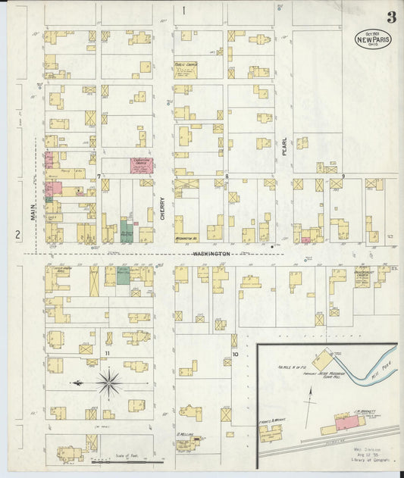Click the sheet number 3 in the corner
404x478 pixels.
click(x=390, y=17)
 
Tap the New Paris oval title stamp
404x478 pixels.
click(x=373, y=39)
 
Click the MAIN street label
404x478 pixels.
click(x=33, y=214)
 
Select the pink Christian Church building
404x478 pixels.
click(x=141, y=165)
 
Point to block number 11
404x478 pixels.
click(x=108, y=354)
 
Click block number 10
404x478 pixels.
click(x=235, y=355)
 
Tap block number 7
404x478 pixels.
click(x=99, y=177)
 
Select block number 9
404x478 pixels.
click(x=343, y=177)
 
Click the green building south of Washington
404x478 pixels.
click(x=122, y=275)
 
